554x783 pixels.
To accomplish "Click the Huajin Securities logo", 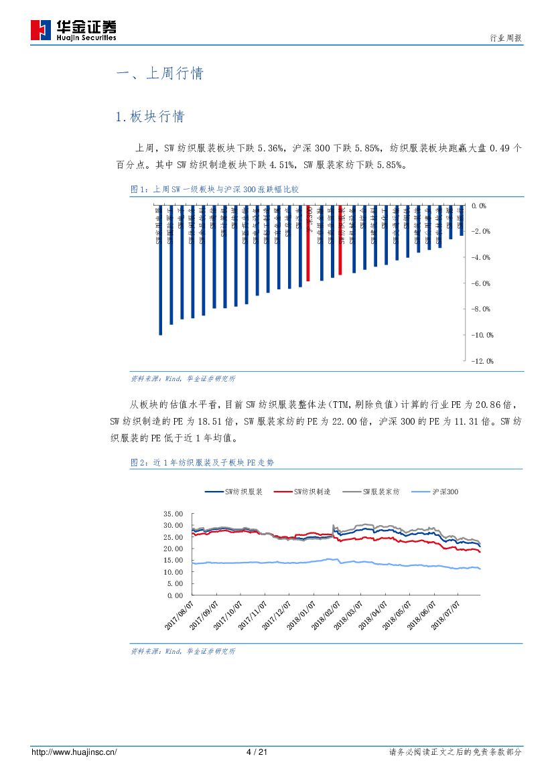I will click(x=73, y=30).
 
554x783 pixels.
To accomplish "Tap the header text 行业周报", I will click(x=506, y=39).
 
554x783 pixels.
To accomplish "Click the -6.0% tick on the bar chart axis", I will click(x=481, y=283).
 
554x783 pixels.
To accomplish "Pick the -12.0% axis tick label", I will click(x=481, y=362).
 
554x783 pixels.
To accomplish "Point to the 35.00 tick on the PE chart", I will click(x=173, y=514).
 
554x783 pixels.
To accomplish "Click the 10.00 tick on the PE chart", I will click(x=173, y=572).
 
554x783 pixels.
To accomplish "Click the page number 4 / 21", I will click(x=257, y=752).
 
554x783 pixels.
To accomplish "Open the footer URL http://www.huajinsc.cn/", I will click(x=74, y=752).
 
